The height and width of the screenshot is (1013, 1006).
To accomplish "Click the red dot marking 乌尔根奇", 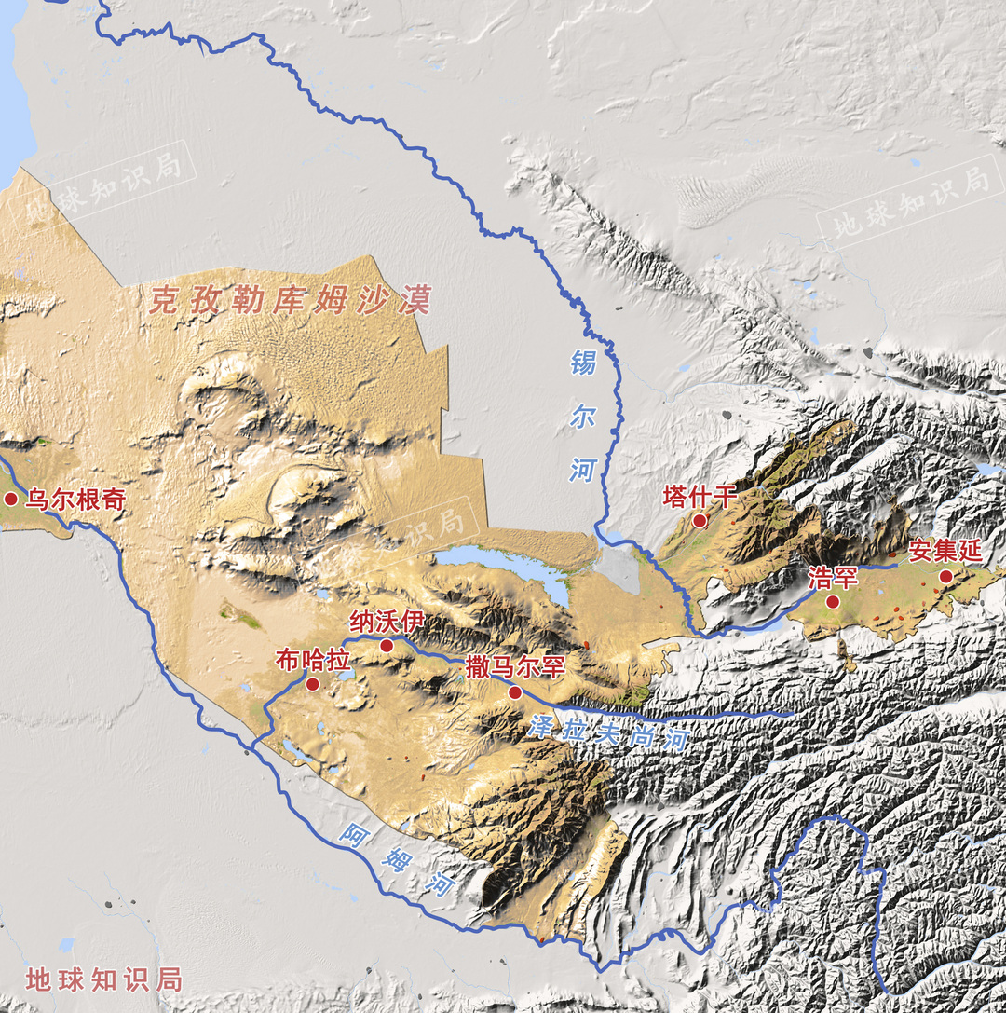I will (11, 500).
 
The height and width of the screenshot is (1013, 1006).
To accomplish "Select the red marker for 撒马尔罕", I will (514, 692).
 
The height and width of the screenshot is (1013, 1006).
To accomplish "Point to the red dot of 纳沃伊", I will (387, 645).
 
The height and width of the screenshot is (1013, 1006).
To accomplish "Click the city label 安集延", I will (945, 551).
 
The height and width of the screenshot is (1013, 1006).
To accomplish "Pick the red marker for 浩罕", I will (833, 602).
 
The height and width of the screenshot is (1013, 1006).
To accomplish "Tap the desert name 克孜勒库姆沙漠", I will (291, 300).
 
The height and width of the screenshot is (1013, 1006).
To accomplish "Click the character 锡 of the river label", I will (583, 362).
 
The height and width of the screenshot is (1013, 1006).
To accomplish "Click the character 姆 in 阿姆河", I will (397, 858).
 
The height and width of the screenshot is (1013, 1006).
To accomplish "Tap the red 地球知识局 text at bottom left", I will (103, 979).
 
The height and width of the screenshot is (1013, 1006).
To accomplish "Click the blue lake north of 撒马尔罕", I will (503, 565).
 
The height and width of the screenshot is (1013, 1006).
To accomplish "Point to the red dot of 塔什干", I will (700, 521).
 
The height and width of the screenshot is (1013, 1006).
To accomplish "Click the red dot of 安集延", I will (946, 577).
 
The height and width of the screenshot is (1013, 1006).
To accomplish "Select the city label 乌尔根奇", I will (75, 500).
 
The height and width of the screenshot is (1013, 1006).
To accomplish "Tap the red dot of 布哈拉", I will (313, 684).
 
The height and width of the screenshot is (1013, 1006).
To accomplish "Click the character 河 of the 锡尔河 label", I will (582, 470).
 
